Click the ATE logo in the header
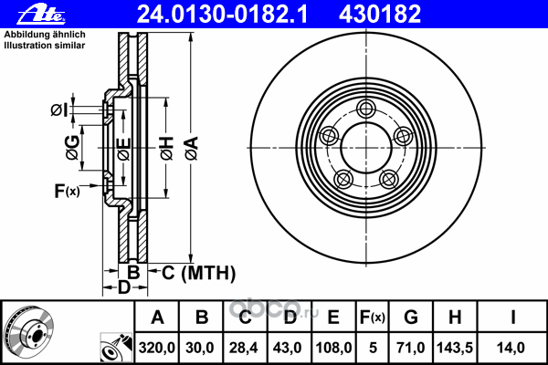pos(41,15)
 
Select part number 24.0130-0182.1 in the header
pos(222,15)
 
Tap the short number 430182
pos(380,15)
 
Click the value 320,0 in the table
pos(156,348)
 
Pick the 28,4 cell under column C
pos(244,348)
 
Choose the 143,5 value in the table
pos(455,348)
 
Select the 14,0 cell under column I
pos(511,348)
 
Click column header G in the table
pos(411,318)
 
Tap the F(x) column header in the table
pos(373,318)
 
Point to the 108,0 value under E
pos(333,348)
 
